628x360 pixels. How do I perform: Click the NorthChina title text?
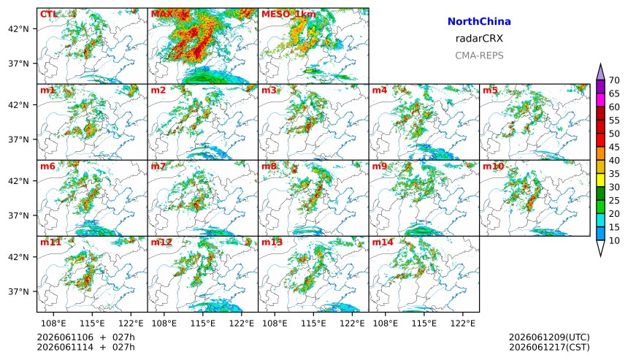pyautogui.click(x=479, y=22)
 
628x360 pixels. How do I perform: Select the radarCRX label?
pyautogui.click(x=479, y=39)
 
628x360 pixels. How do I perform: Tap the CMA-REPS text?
pyautogui.click(x=479, y=55)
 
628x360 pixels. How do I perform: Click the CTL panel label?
pyautogui.click(x=48, y=14)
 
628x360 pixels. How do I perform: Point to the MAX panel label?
pyautogui.click(x=161, y=14)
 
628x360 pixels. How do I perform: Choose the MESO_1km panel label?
pyautogui.click(x=288, y=14)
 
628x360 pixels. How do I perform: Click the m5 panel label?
pyautogui.click(x=490, y=90)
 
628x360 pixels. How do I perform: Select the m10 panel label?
pyautogui.click(x=493, y=166)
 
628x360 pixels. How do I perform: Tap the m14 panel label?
pyautogui.click(x=383, y=242)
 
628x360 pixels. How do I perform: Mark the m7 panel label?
pyautogui.click(x=158, y=166)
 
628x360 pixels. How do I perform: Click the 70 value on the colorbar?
pyautogui.click(x=614, y=80)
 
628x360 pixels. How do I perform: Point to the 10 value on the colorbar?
pyautogui.click(x=614, y=241)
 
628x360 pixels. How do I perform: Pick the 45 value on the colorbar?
pyautogui.click(x=614, y=147)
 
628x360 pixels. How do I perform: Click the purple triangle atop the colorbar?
pyautogui.click(x=600, y=72)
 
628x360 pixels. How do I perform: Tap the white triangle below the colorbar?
pyautogui.click(x=600, y=248)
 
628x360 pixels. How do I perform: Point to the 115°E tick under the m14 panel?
pyautogui.click(x=424, y=323)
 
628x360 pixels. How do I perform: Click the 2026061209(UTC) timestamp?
pyautogui.click(x=549, y=337)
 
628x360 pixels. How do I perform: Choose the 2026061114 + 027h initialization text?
pyautogui.click(x=86, y=347)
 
